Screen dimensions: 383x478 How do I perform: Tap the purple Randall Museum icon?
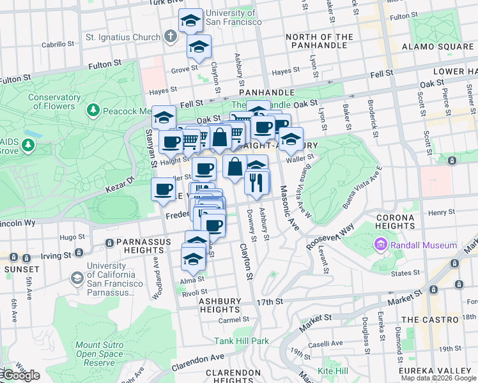(382, 245)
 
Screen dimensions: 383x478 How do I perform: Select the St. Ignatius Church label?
(123, 37)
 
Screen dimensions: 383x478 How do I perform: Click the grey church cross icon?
(170, 36)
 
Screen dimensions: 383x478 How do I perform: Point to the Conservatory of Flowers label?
(54, 102)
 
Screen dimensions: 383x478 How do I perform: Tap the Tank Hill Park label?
(242, 341)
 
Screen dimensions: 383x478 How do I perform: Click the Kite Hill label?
(333, 371)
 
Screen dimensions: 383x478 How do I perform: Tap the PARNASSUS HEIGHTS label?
(144, 248)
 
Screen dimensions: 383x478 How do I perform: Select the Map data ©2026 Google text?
(438, 378)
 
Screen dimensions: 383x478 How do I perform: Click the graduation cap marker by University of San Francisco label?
(190, 20)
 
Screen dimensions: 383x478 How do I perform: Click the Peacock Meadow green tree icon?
(93, 110)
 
